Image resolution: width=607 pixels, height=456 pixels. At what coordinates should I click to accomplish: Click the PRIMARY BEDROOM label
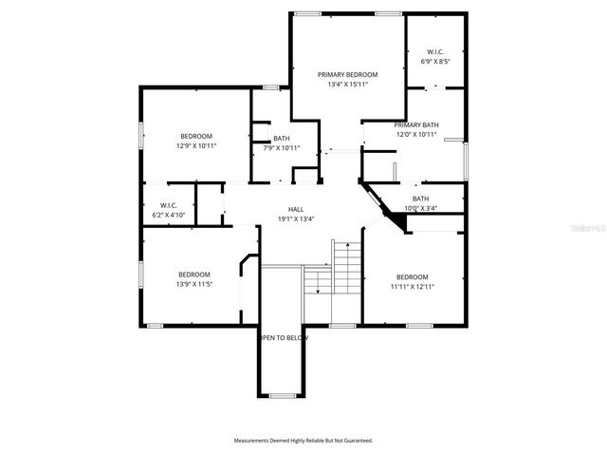pyautogui.click(x=348, y=74)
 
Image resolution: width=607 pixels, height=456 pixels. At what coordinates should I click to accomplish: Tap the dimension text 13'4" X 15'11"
pyautogui.click(x=348, y=84)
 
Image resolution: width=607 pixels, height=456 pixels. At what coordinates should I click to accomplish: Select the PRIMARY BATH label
pyautogui.click(x=416, y=124)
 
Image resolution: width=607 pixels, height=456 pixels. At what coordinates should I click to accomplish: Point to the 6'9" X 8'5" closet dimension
pyautogui.click(x=435, y=61)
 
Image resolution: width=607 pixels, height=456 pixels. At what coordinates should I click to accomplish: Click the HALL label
pyautogui.click(x=296, y=209)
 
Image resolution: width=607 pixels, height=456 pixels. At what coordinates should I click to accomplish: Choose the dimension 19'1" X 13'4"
pyautogui.click(x=296, y=218)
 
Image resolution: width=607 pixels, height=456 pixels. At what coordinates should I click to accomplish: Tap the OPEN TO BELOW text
pyautogui.click(x=285, y=337)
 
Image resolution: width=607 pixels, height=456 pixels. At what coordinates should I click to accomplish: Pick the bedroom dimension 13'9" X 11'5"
pyautogui.click(x=193, y=283)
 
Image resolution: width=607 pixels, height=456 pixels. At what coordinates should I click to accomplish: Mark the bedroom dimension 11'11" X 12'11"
pyautogui.click(x=413, y=286)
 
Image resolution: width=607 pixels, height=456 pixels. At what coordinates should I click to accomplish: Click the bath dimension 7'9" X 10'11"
pyautogui.click(x=282, y=147)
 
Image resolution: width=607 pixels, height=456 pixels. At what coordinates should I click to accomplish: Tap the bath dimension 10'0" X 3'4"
pyautogui.click(x=420, y=208)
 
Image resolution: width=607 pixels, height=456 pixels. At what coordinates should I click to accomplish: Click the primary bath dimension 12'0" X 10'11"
pyautogui.click(x=416, y=134)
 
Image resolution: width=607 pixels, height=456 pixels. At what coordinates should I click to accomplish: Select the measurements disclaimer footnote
pyautogui.click(x=303, y=440)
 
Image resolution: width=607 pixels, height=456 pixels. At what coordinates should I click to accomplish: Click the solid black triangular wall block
pyautogui.click(x=401, y=222)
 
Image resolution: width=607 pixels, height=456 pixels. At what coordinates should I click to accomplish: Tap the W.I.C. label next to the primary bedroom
pyautogui.click(x=435, y=51)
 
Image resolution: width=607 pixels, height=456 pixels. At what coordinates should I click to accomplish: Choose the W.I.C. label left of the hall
pyautogui.click(x=169, y=205)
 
